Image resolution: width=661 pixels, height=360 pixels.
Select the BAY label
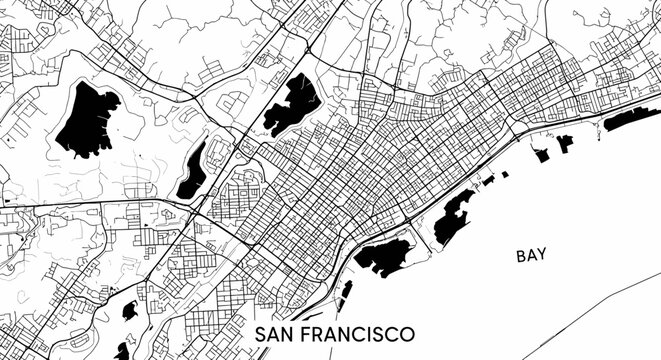tap(532, 256)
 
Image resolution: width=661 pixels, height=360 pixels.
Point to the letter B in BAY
tap(521, 256)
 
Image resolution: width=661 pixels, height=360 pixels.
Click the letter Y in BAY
tap(543, 256)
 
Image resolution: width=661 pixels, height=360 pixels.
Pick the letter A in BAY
tap(532, 256)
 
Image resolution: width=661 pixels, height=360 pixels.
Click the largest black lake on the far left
tap(87, 118)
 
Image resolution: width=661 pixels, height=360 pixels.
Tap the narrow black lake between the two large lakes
tap(191, 171)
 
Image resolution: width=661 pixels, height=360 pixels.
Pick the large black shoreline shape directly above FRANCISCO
tap(383, 256)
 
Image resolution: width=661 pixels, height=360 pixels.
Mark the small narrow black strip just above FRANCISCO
tap(347, 292)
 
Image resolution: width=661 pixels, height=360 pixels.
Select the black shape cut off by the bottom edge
tap(122, 351)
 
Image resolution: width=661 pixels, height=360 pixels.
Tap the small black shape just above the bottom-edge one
tap(130, 311)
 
